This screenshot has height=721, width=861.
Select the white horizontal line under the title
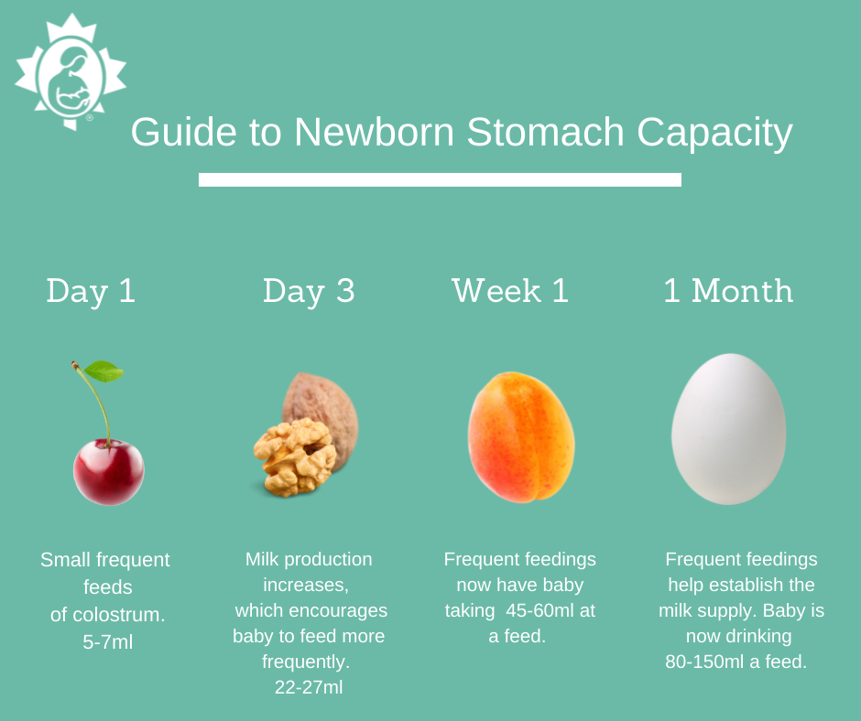(440, 179)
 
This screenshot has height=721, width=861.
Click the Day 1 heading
(91, 291)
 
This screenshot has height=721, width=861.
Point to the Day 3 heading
(309, 291)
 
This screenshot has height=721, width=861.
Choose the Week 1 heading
(510, 291)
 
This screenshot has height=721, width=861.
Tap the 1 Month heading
(728, 291)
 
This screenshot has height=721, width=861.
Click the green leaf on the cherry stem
(104, 371)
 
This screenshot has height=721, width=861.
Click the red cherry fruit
(108, 471)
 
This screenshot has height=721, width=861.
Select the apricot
(521, 437)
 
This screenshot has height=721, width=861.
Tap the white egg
(728, 430)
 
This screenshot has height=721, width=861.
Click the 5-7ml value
(108, 642)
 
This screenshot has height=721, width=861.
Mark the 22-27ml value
(309, 687)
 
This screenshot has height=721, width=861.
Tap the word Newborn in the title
(374, 133)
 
